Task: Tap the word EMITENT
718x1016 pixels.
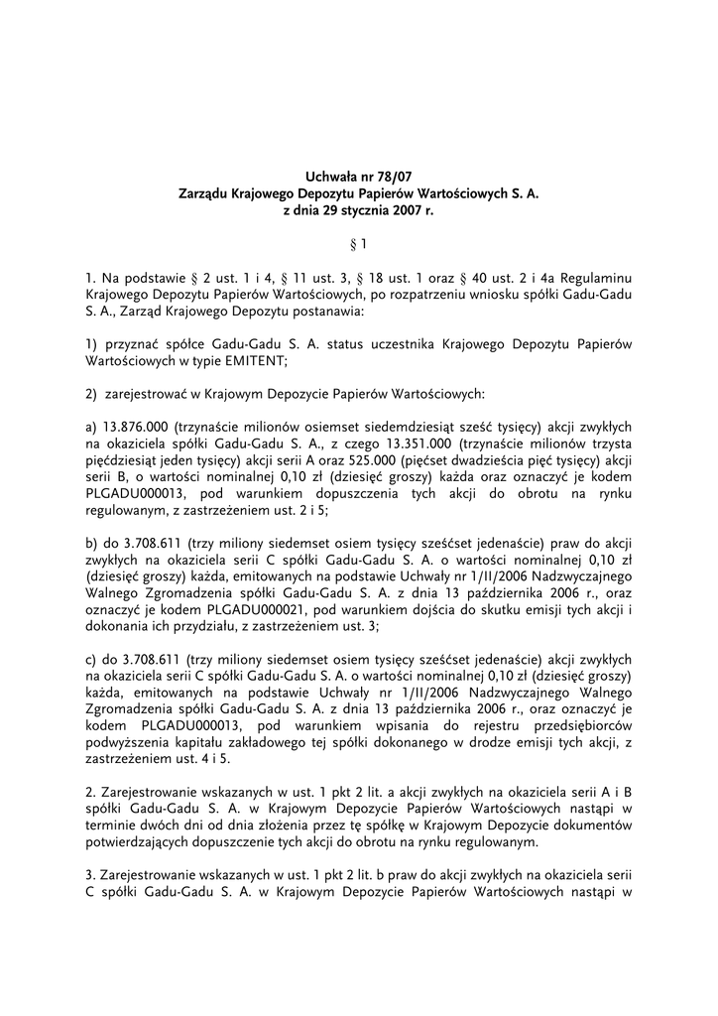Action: (x=255, y=362)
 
